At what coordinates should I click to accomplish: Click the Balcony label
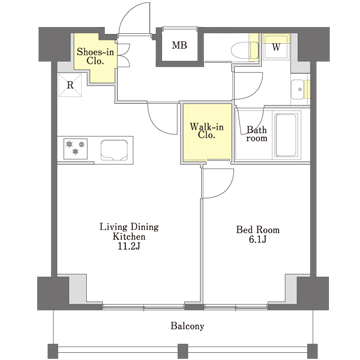click(x=187, y=326)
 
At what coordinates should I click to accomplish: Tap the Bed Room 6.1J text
click(x=258, y=235)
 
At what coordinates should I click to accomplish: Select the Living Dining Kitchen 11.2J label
click(x=129, y=237)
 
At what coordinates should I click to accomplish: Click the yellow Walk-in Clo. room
click(x=207, y=133)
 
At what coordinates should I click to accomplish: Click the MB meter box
click(x=179, y=46)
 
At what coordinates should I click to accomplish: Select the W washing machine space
click(x=276, y=47)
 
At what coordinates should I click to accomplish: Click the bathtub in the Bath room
click(x=286, y=135)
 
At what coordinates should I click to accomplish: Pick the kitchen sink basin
click(x=114, y=150)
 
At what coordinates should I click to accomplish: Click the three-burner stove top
click(x=75, y=148)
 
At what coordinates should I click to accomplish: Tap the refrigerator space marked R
click(x=70, y=85)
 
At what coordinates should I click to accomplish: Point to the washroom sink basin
click(x=299, y=89)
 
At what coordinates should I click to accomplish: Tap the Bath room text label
click(x=256, y=134)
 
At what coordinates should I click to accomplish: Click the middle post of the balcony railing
click(x=183, y=351)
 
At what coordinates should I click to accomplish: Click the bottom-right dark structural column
click(x=312, y=293)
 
